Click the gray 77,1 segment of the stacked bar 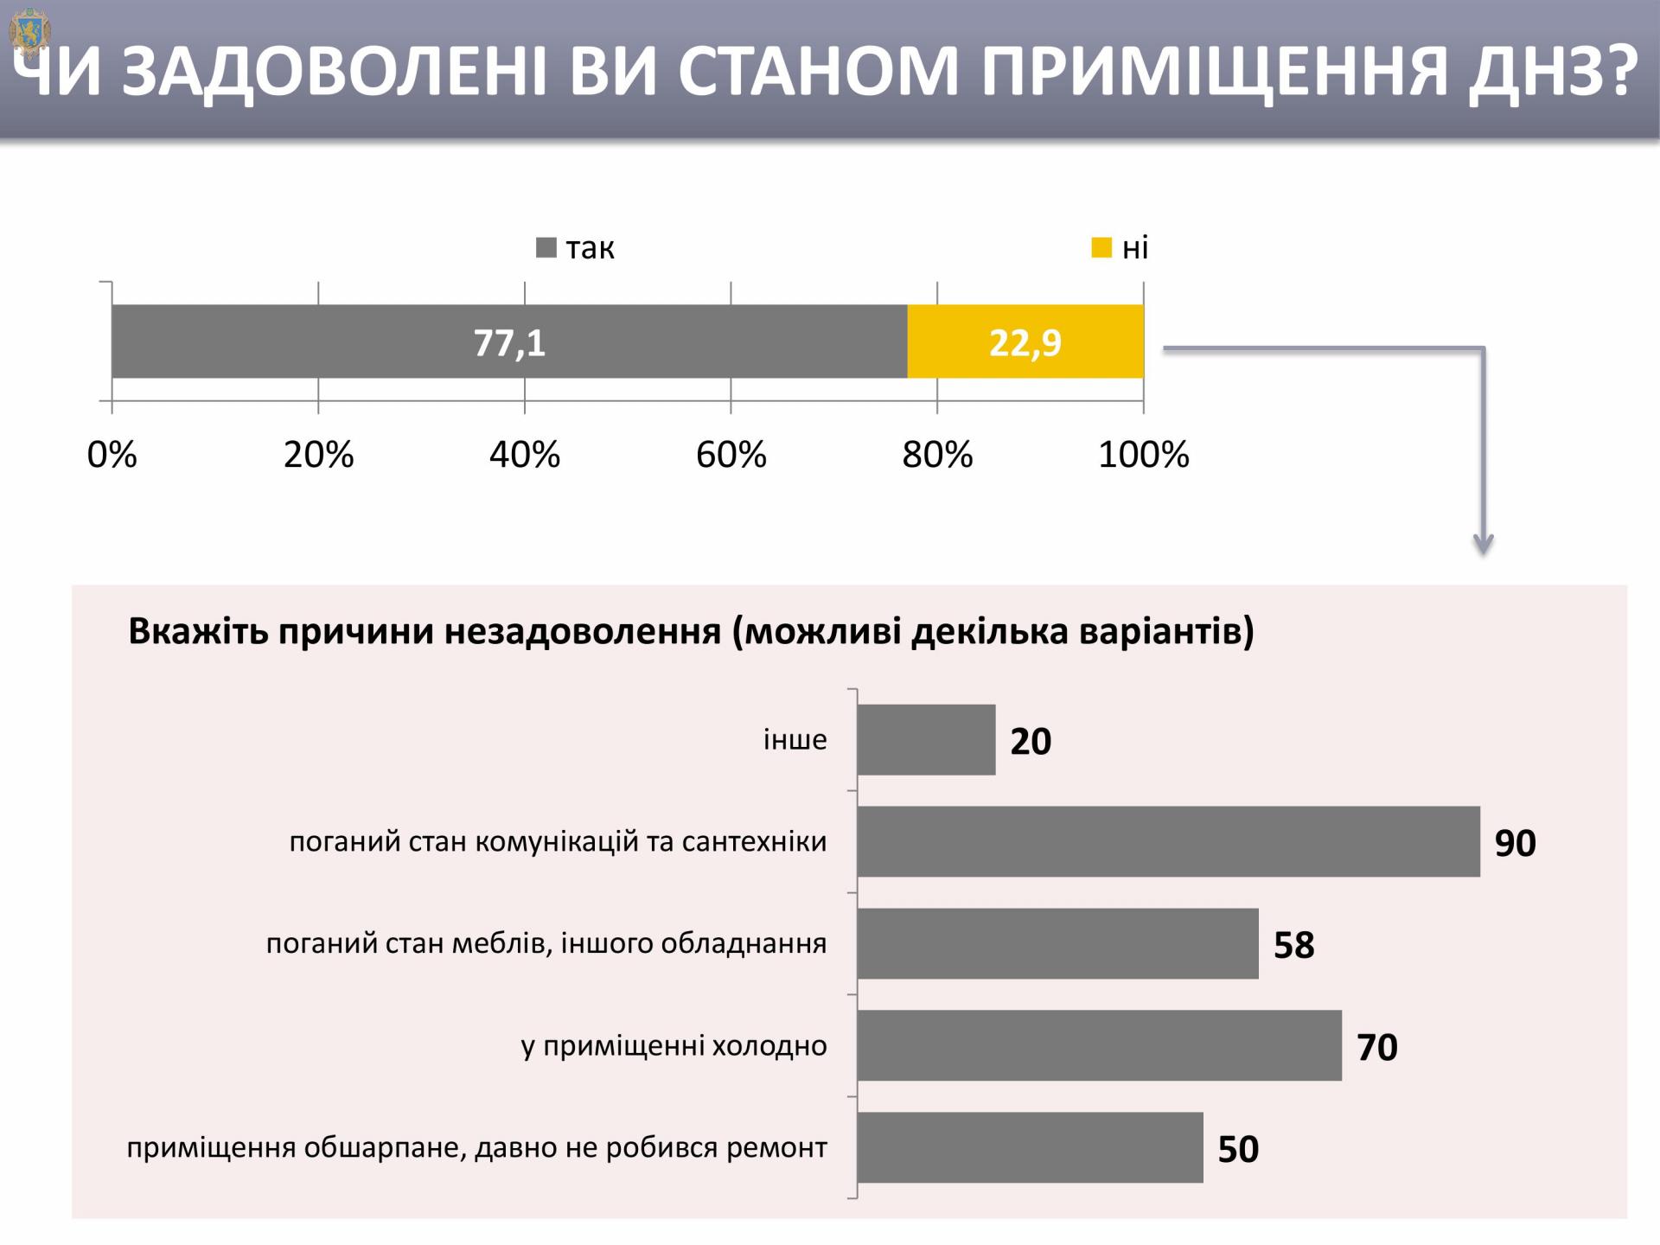[x=509, y=342]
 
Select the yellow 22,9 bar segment [x=1025, y=342]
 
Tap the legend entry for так [x=576, y=248]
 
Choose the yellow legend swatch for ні [x=1101, y=248]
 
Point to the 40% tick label [x=525, y=455]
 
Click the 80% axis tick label [x=937, y=455]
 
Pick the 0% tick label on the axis [x=112, y=455]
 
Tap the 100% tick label [x=1143, y=455]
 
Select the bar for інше [x=926, y=740]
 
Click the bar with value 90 [x=1168, y=841]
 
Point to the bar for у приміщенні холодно [x=1099, y=1045]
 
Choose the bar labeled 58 [x=1057, y=943]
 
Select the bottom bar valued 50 [x=1030, y=1147]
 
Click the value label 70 [x=1377, y=1047]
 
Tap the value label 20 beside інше [x=1031, y=742]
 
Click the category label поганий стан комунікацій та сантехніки [x=558, y=841]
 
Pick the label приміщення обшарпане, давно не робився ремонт [x=476, y=1148]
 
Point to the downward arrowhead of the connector [x=1484, y=545]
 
